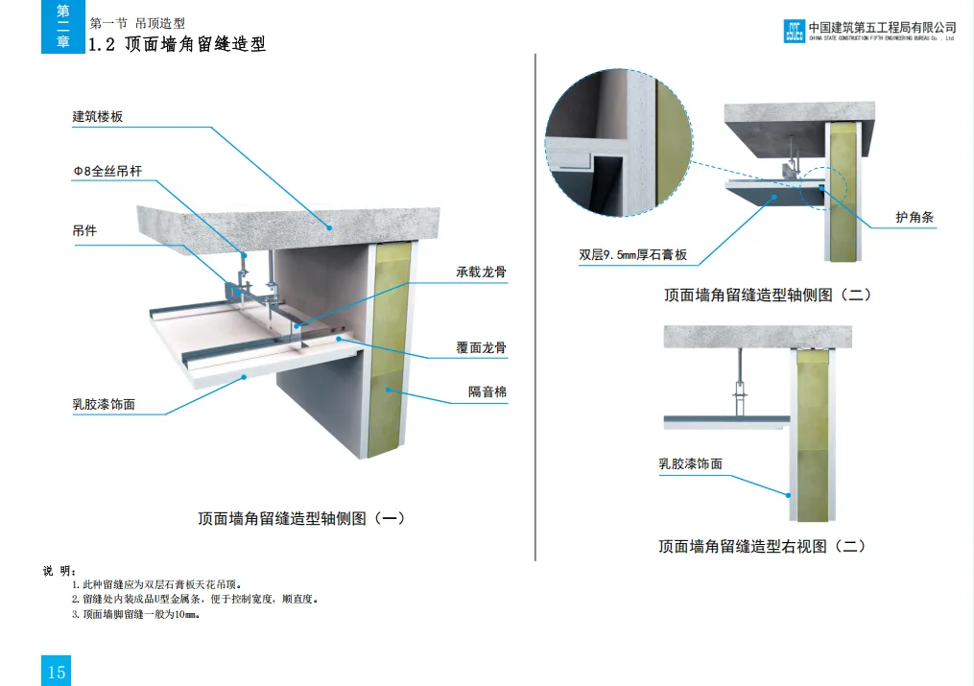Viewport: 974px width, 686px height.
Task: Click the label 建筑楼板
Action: point(98,117)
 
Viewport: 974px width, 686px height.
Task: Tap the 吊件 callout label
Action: point(85,231)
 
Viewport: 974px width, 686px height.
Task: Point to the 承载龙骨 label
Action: point(481,272)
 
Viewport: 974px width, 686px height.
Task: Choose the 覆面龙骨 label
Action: point(481,347)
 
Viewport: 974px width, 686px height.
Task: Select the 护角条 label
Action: point(915,218)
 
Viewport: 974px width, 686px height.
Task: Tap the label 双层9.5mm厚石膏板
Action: point(633,256)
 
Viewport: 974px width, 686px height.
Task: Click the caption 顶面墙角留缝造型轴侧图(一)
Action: point(301,519)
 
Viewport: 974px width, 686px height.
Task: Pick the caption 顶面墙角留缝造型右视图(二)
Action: point(762,546)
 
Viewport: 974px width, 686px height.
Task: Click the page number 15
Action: point(57,671)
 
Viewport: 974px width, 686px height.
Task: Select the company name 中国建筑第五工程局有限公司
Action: point(882,27)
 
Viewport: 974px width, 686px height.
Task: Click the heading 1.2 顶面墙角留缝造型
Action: point(177,44)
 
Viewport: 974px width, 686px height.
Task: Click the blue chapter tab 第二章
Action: point(63,27)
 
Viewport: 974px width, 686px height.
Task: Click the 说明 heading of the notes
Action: point(59,571)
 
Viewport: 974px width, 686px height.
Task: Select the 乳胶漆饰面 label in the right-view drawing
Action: point(690,464)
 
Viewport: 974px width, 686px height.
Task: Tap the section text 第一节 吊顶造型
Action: point(136,23)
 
